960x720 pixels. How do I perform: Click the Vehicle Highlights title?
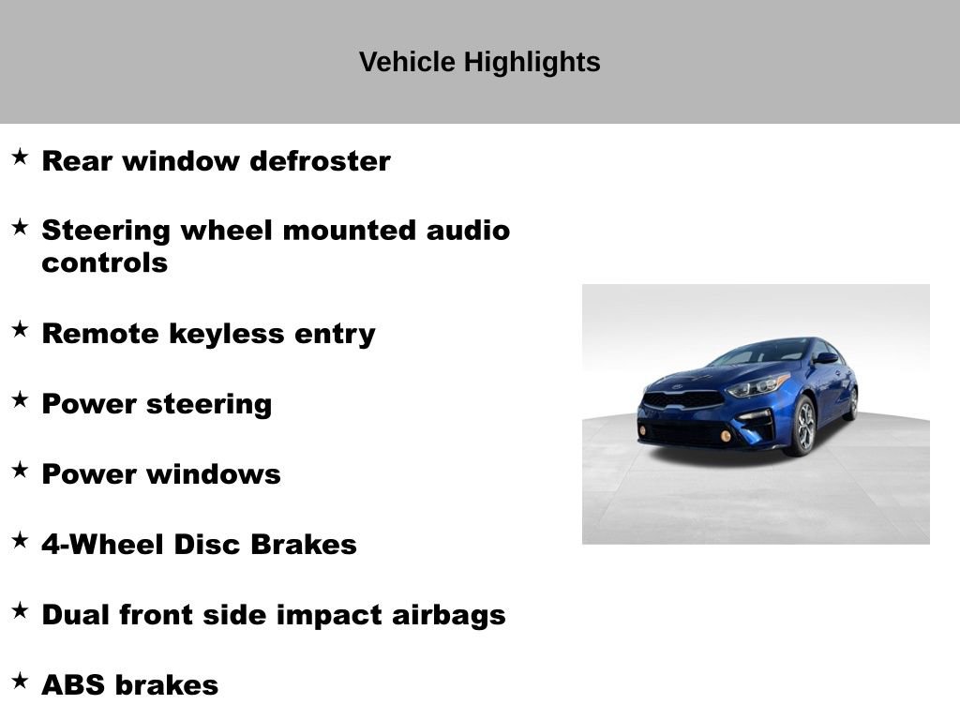tap(479, 63)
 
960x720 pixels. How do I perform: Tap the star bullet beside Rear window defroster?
tap(20, 157)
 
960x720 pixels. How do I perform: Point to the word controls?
tap(104, 262)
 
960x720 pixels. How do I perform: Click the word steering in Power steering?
tap(213, 404)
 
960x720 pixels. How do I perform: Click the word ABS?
tap(72, 685)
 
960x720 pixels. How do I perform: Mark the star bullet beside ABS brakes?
tap(20, 682)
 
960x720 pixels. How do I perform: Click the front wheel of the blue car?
tap(803, 427)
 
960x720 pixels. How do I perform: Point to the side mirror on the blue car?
tap(825, 358)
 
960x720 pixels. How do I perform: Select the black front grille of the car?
tap(682, 399)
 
